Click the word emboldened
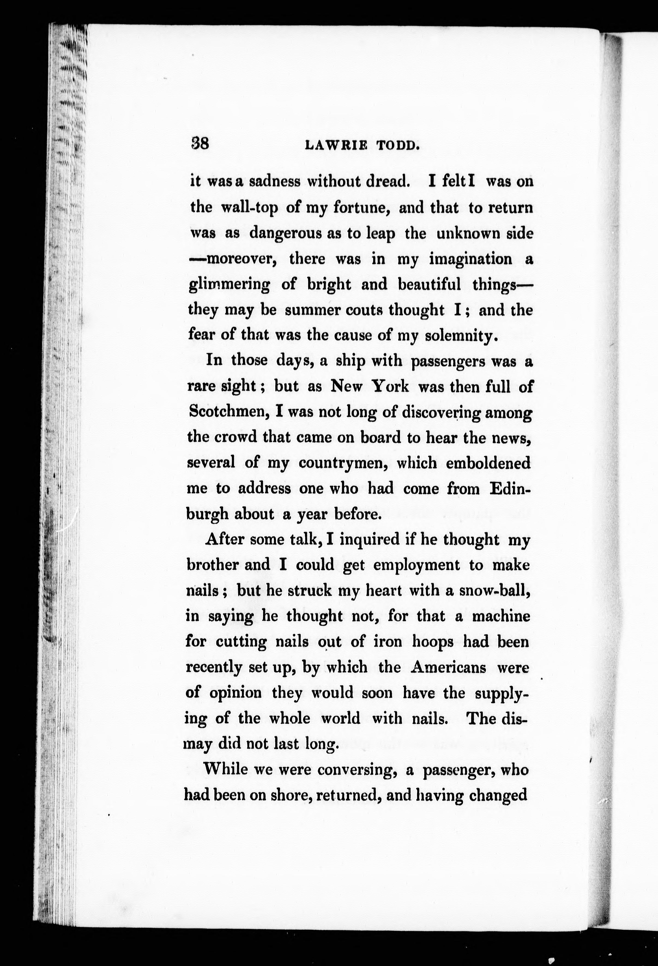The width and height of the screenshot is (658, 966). point(488,463)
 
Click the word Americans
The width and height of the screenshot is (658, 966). point(448,668)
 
